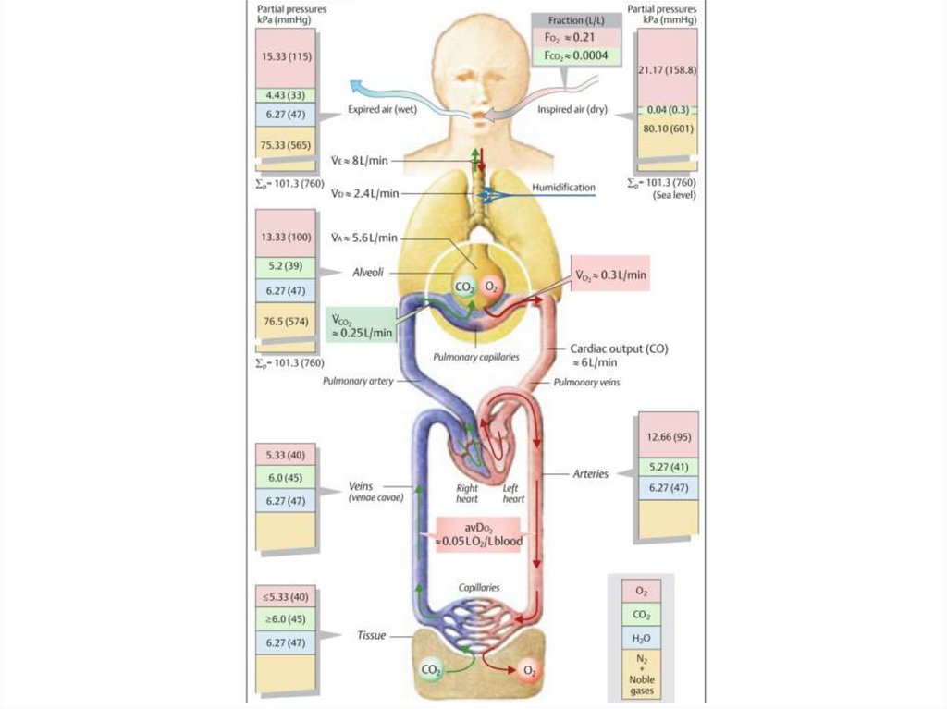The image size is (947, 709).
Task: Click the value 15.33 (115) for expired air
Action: click(286, 56)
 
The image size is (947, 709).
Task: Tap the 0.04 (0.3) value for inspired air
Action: click(667, 110)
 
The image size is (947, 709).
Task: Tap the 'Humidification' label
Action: click(563, 188)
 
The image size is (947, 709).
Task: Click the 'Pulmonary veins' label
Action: click(585, 381)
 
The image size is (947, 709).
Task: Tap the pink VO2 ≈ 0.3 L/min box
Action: click(610, 275)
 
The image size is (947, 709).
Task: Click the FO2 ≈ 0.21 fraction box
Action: click(564, 38)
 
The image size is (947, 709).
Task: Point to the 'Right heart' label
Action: click(467, 493)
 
